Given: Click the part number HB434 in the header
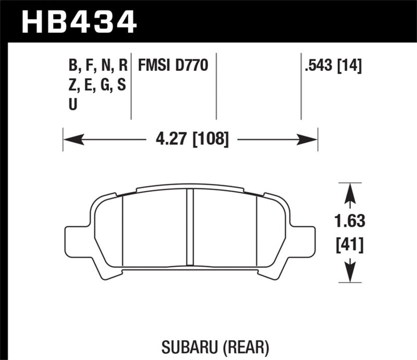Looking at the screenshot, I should pos(78,22).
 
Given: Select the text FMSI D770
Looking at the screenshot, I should pos(173,66).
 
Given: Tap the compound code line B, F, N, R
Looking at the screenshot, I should pos(97,66).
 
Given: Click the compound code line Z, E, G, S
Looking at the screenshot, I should pos(97,85).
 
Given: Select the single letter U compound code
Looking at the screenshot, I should pos(72,104).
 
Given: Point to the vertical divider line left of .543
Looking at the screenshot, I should pos(301,86).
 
